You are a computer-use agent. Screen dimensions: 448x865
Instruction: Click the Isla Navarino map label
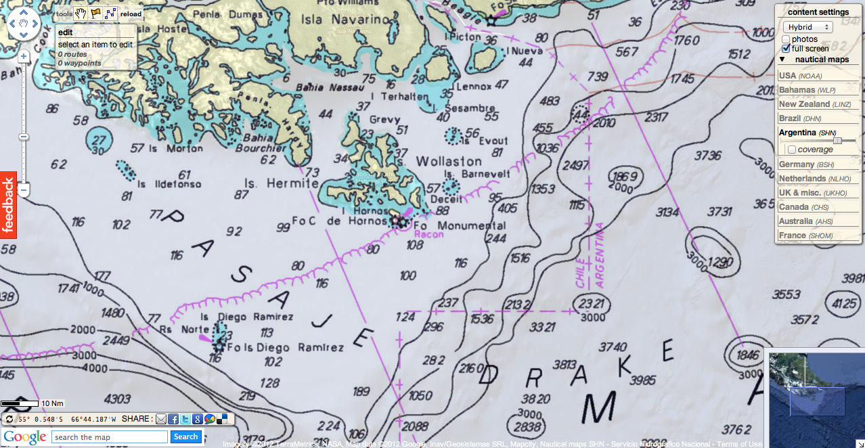tap(340, 20)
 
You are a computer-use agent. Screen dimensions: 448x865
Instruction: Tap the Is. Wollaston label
tap(440, 162)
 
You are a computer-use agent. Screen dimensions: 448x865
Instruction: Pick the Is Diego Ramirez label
tap(246, 317)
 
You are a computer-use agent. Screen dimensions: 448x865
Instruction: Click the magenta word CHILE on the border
tap(581, 273)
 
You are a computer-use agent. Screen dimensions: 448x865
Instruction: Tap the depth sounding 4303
tap(118, 398)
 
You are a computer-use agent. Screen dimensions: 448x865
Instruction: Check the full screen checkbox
tap(786, 49)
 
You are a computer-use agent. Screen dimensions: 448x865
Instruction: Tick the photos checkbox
tap(786, 39)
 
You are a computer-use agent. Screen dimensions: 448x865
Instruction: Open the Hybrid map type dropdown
tap(807, 27)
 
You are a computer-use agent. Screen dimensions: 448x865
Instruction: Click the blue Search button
tap(185, 436)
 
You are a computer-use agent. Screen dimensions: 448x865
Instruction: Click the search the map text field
tap(109, 437)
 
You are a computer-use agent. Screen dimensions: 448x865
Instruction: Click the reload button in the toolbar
tap(131, 14)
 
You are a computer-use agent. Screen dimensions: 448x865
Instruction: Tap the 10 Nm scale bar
tap(20, 404)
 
